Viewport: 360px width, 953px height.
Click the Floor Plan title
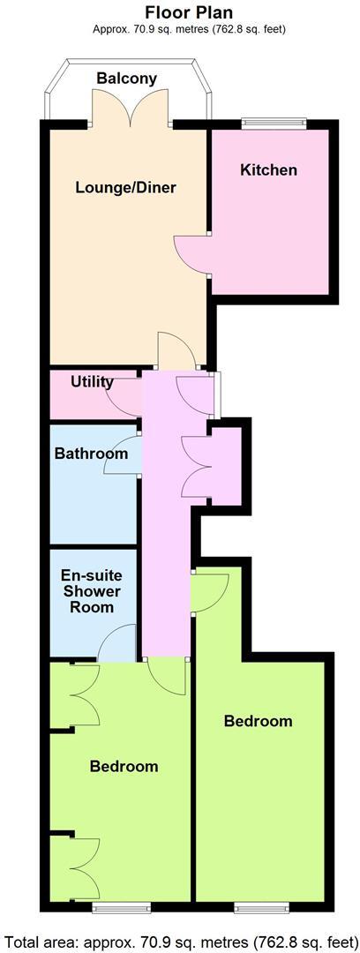pyautogui.click(x=189, y=13)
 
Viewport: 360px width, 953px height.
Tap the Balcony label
pyautogui.click(x=127, y=79)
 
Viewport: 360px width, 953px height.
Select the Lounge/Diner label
pyautogui.click(x=126, y=187)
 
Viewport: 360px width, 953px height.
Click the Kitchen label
pyautogui.click(x=269, y=169)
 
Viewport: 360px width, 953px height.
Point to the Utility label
pyautogui.click(x=92, y=382)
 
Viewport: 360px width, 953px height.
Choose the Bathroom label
pyautogui.click(x=91, y=454)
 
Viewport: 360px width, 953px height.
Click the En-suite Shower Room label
pyautogui.click(x=92, y=591)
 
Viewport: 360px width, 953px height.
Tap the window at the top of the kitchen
pyautogui.click(x=274, y=124)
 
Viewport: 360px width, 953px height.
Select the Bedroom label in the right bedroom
pyautogui.click(x=258, y=721)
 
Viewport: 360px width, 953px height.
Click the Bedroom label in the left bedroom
pyautogui.click(x=124, y=766)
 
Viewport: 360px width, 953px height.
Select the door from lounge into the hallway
pyautogui.click(x=176, y=351)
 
